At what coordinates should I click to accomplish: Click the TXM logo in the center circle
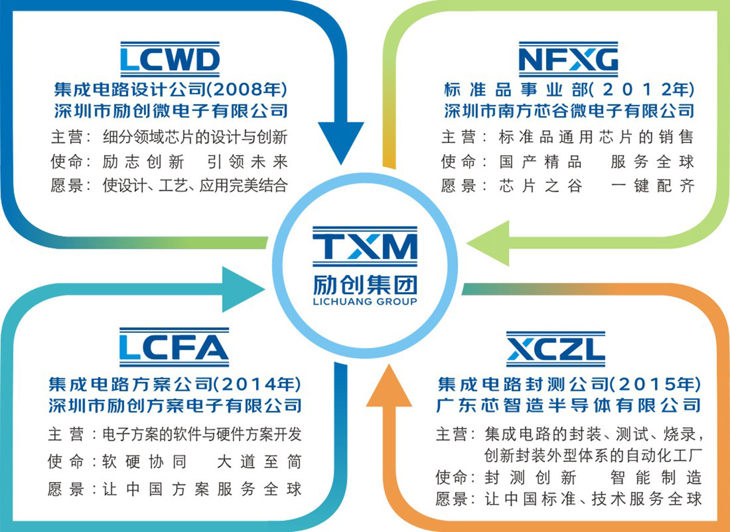365,247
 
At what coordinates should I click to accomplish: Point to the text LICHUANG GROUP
365,301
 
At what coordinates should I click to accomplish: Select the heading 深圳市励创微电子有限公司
170,111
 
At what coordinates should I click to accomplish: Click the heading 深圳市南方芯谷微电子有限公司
568,111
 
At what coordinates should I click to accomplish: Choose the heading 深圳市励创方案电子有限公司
175,405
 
